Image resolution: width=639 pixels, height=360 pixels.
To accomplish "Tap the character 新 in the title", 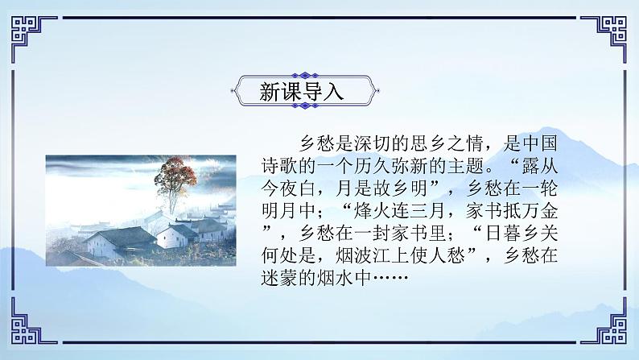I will click(270, 91).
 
